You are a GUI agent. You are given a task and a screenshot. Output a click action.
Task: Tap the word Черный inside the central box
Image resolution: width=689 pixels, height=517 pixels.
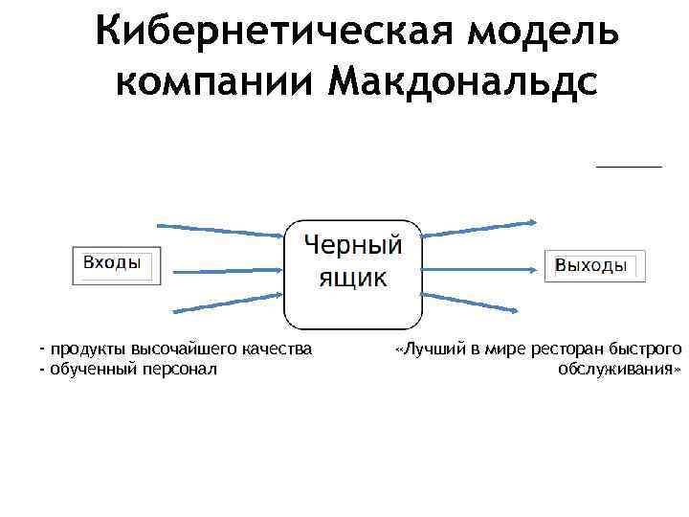coord(353,245)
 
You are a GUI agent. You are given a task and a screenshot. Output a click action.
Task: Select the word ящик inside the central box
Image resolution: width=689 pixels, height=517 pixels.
coord(352,278)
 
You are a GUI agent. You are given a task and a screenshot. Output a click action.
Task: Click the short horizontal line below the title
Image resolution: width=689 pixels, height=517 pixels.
coord(629,167)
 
